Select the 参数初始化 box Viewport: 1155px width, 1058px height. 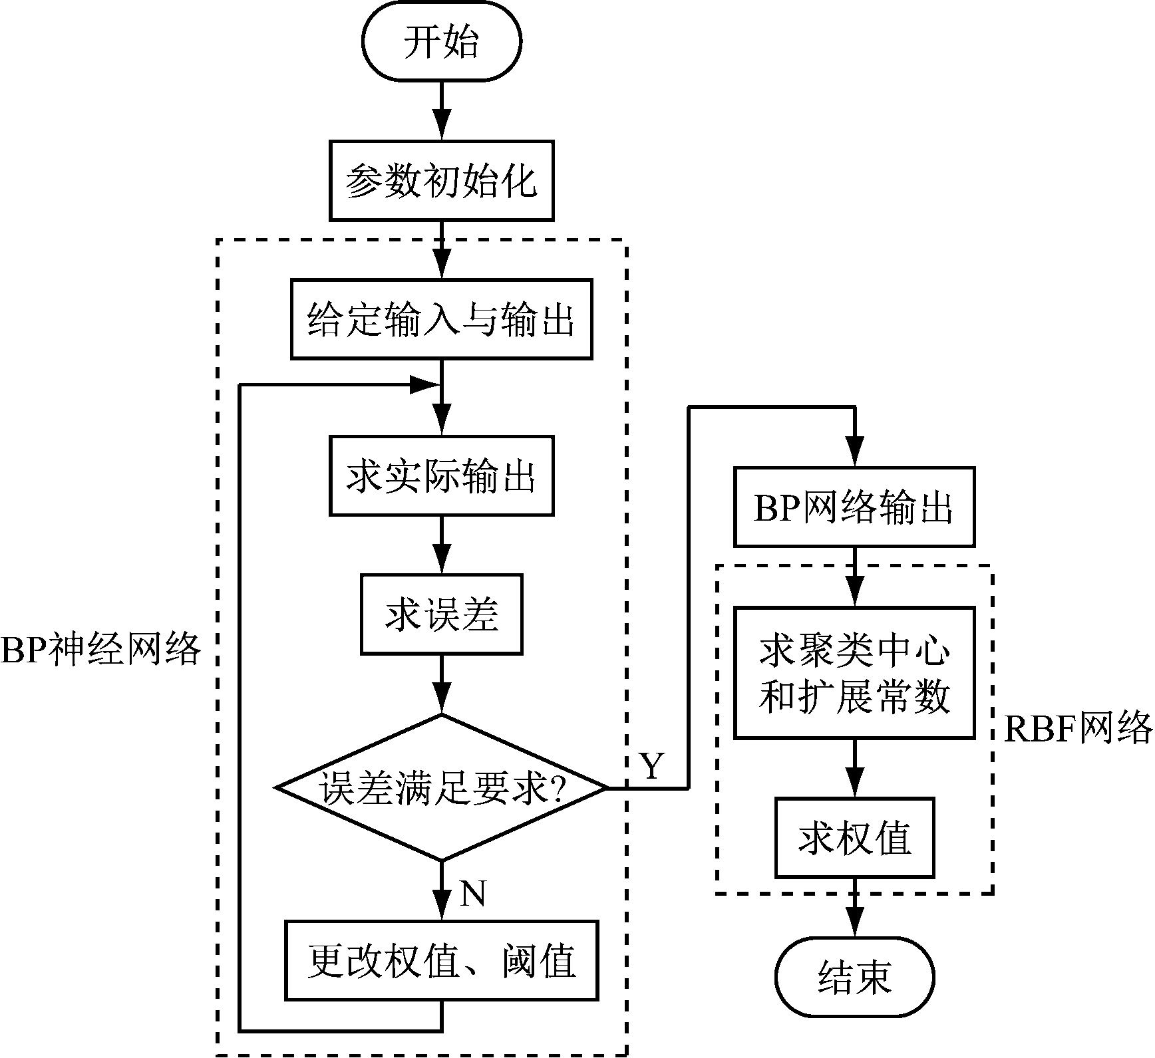point(441,180)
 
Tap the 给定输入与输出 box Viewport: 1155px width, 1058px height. point(441,319)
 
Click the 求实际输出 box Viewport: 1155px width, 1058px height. point(441,475)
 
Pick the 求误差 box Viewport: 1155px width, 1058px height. point(441,614)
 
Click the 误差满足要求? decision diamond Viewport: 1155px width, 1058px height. point(441,788)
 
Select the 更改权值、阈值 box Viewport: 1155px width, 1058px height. point(441,960)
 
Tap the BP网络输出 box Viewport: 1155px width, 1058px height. point(854,507)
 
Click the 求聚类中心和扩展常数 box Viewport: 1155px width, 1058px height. point(854,672)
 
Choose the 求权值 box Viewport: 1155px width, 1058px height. point(854,837)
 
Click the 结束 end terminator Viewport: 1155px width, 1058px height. point(854,977)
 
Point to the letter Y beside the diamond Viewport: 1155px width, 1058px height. point(651,766)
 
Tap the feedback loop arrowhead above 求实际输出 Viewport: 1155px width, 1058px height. point(424,384)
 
